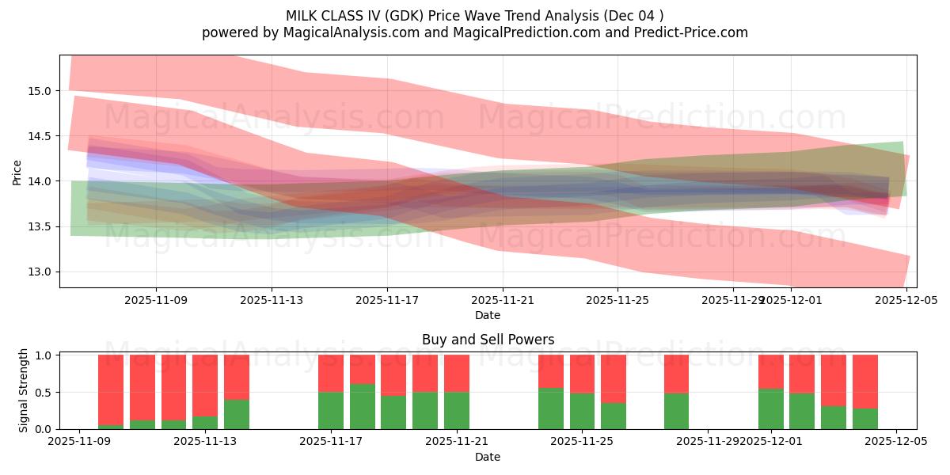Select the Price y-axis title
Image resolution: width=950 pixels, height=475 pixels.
coord(17,172)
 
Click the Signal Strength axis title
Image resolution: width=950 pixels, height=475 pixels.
coord(24,391)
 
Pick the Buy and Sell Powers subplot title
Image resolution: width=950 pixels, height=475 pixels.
coord(488,340)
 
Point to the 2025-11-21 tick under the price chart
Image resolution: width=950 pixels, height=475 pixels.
coord(503,300)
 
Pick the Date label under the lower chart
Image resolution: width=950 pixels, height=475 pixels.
coord(488,457)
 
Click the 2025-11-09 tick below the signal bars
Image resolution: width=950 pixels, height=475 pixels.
coord(79,442)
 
